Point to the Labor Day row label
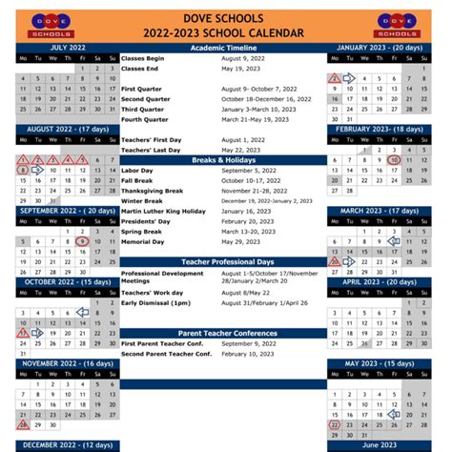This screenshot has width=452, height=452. click(x=138, y=171)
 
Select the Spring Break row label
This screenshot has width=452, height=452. click(x=142, y=231)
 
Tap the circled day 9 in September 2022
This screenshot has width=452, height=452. click(x=83, y=242)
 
